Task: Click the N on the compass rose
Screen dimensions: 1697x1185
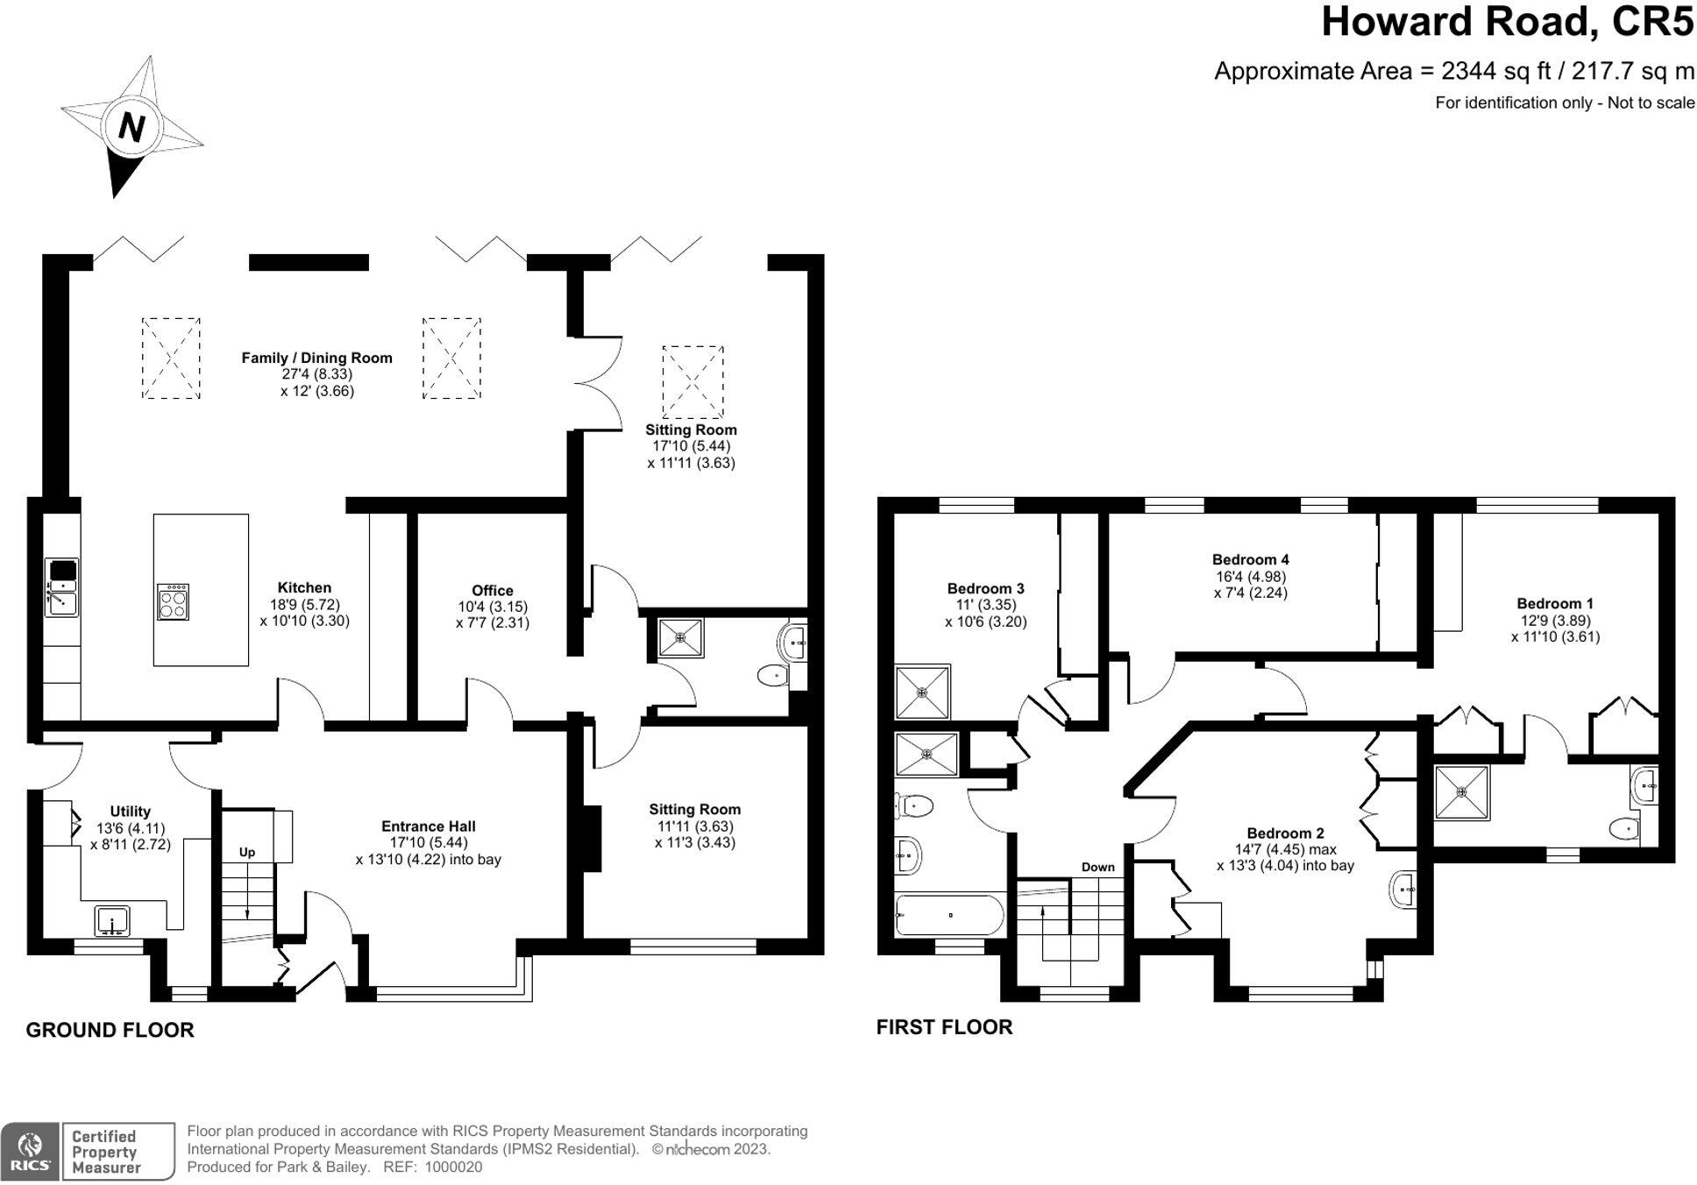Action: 131,128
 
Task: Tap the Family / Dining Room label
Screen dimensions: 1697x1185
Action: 316,358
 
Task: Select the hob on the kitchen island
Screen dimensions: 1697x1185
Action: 173,601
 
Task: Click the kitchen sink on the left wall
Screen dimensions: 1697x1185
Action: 61,586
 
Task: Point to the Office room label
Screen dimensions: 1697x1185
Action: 492,591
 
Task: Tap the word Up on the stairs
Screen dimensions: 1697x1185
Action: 247,852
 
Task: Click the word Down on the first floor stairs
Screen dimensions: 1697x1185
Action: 1097,867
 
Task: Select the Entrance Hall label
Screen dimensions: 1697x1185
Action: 429,826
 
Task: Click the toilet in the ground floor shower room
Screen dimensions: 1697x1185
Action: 772,676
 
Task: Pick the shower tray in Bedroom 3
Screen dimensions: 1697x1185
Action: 922,692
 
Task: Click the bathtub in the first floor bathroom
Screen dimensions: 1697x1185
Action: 949,916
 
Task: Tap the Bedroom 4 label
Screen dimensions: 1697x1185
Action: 1250,559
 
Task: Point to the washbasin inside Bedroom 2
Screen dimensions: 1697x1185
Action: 1403,890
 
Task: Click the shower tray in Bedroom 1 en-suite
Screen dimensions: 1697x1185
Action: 1462,793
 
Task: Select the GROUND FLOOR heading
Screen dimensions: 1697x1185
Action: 110,1030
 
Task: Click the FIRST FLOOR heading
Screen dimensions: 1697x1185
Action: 944,1027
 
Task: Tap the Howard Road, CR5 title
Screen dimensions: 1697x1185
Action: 1508,22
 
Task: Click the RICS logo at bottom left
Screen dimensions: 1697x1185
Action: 31,1151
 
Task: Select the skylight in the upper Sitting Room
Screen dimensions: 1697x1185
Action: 692,381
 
